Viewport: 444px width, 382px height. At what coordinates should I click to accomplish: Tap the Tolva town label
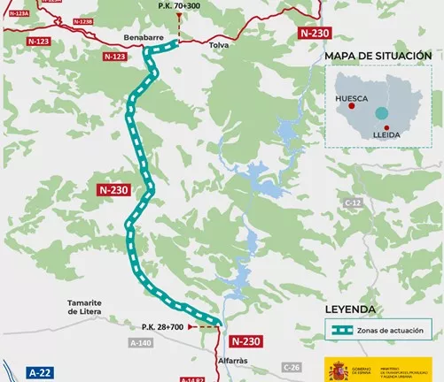tap(217, 43)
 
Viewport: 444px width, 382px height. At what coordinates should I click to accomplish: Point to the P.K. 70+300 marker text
tap(179, 5)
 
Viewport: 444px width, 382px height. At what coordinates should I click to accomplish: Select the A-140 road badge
tap(139, 342)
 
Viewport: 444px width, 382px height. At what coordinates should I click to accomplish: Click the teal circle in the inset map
tap(381, 113)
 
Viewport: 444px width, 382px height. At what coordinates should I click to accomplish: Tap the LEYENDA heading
tap(351, 309)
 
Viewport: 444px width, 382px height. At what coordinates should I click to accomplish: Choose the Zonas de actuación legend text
tap(389, 331)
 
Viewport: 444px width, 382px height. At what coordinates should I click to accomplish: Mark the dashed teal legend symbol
tap(339, 331)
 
